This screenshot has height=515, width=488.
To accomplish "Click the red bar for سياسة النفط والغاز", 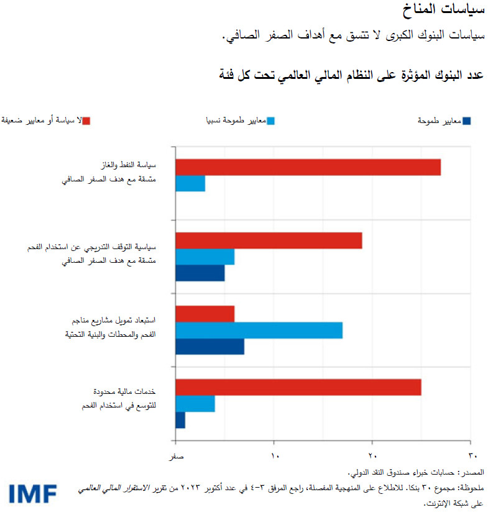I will tap(308, 167).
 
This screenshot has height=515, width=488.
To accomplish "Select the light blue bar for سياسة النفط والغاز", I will tap(190, 184).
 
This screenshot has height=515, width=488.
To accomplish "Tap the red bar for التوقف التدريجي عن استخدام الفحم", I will tap(269, 240).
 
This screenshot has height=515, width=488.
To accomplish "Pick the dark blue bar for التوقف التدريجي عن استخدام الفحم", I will tap(200, 273).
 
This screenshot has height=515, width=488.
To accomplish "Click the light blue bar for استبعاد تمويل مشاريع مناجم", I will tap(259, 330).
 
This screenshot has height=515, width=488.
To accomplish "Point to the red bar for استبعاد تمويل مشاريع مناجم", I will tap(205, 314).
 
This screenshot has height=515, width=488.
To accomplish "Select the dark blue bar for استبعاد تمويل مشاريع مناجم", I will tap(209, 347).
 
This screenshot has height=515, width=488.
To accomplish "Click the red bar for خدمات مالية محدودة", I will tap(298, 387).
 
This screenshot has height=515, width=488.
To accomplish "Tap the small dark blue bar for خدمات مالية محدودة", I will tap(180, 421).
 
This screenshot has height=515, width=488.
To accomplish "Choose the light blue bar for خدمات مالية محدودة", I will tap(195, 404).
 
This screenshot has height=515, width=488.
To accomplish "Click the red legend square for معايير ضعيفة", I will tap(86, 121).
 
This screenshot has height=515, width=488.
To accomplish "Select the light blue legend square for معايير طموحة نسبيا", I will tap(270, 121).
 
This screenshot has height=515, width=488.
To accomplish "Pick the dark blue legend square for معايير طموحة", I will tap(467, 121).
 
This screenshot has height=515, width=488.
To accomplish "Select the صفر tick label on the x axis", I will tap(177, 457).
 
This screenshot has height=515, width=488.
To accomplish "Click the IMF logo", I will tap(33, 493).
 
